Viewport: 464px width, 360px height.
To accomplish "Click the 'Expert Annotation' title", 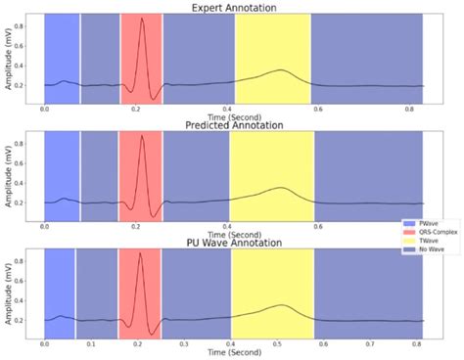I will (x=234, y=7).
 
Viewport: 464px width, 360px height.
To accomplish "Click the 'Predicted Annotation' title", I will (x=234, y=124).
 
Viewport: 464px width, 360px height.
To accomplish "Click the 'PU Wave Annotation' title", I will (x=234, y=241).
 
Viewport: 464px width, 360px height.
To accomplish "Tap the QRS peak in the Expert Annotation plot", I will (x=142, y=20).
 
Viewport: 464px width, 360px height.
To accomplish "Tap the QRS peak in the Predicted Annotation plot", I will (x=142, y=137).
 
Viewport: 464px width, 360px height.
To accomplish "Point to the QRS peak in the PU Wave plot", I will (x=139, y=253).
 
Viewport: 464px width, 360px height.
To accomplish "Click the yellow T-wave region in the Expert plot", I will (x=272, y=49).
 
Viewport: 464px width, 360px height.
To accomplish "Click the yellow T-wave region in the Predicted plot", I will (x=271, y=166).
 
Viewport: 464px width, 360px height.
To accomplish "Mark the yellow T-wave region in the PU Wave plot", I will (x=271, y=284).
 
